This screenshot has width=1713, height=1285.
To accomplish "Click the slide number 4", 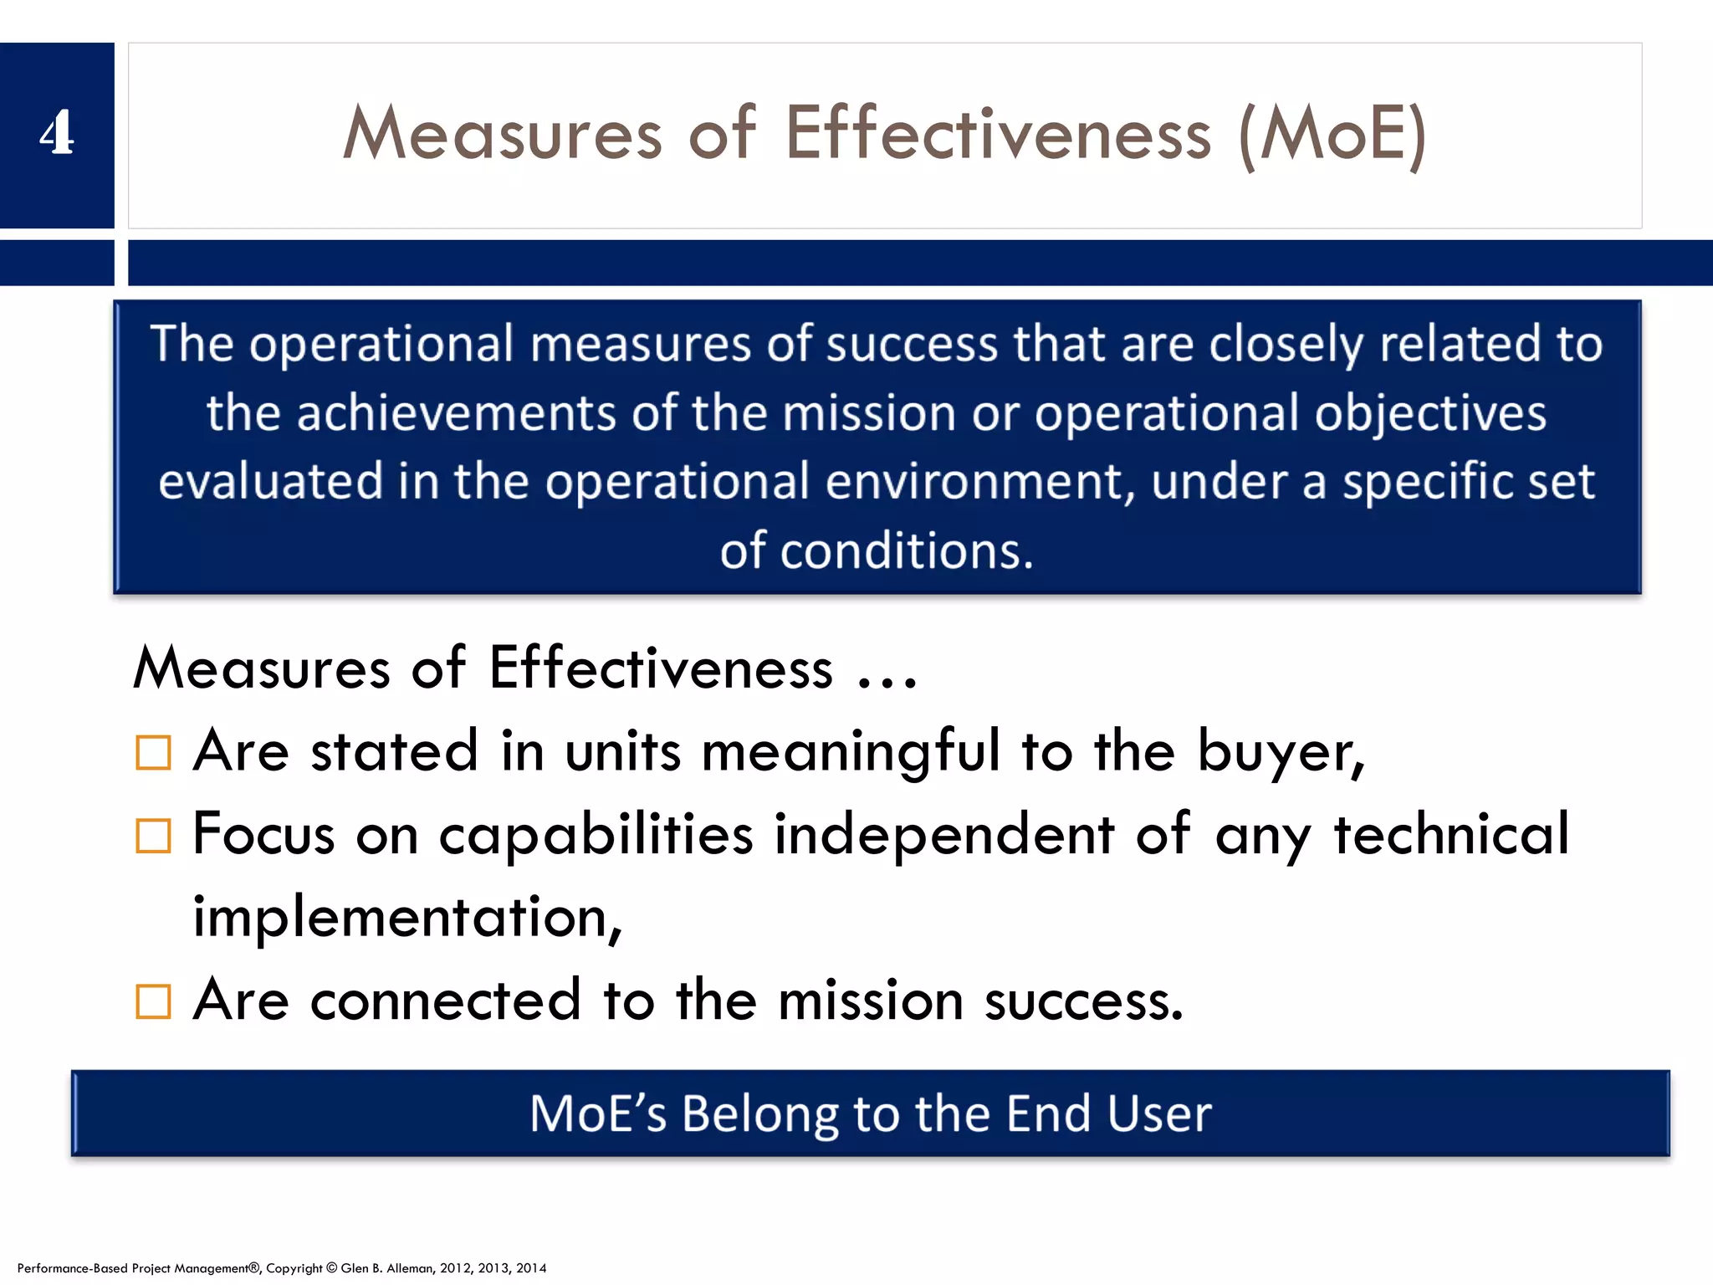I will coord(56,134).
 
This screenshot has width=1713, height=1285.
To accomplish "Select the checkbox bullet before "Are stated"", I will coord(153,752).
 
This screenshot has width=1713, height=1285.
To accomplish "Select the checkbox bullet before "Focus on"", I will coord(153,835).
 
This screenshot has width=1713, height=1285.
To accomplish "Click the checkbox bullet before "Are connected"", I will coord(153,1001).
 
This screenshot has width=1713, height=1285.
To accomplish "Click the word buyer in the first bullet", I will coord(1279,751).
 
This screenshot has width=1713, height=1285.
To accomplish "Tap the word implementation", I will coord(407,918).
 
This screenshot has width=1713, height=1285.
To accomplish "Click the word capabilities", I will coord(596,835).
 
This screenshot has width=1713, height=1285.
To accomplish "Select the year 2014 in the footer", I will coord(531,1268).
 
